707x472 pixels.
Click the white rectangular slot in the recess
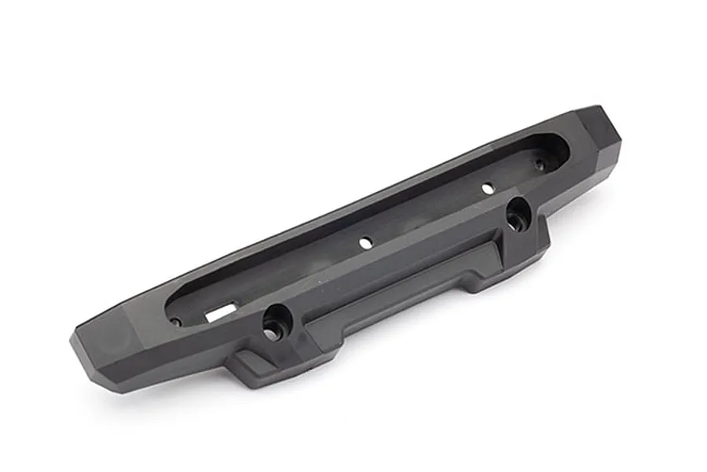220,312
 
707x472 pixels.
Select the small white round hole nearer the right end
487,188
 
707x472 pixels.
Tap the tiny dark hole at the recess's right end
540,164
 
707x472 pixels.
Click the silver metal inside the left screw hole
271,334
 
